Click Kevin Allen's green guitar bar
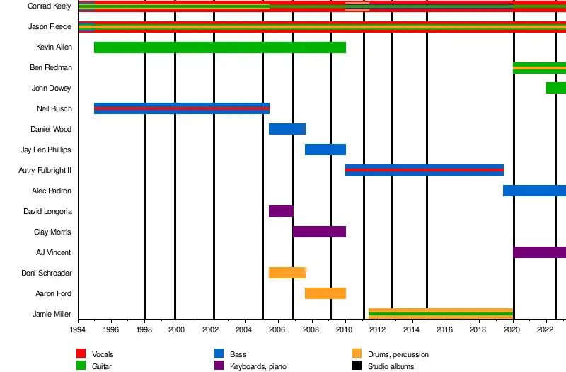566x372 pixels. pyautogui.click(x=219, y=47)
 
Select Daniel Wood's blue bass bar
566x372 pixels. pyautogui.click(x=287, y=129)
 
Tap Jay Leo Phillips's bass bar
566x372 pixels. pyautogui.click(x=325, y=150)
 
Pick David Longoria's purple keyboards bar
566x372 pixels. pyautogui.click(x=281, y=211)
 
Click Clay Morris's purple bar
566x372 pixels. pyautogui.click(x=319, y=232)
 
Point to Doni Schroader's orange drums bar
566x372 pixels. pyautogui.click(x=287, y=273)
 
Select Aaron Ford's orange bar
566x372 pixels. pyautogui.click(x=325, y=293)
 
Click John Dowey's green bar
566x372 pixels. pyautogui.click(x=555, y=88)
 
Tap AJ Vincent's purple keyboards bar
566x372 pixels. pyautogui.click(x=539, y=252)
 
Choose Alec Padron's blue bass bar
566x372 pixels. pyautogui.click(x=534, y=191)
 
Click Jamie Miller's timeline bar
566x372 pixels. pyautogui.click(x=440, y=313)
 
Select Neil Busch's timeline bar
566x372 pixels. pyautogui.click(x=181, y=108)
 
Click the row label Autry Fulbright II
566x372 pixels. pyautogui.click(x=45, y=171)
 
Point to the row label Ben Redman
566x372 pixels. pyautogui.click(x=50, y=68)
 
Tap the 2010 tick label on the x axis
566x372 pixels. pyautogui.click(x=345, y=330)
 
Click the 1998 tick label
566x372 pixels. pyautogui.click(x=145, y=330)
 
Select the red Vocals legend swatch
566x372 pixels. pyautogui.click(x=81, y=354)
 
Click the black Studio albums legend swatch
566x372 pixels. pyautogui.click(x=357, y=366)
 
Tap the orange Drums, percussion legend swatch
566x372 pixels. pyautogui.click(x=357, y=354)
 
